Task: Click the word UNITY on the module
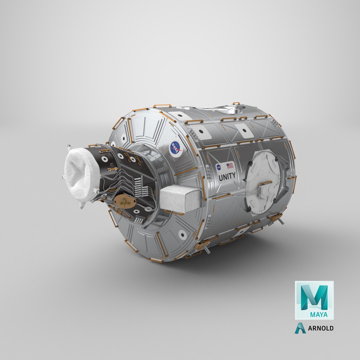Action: click(x=227, y=175)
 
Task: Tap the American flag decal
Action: click(x=230, y=165)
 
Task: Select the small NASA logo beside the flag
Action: click(x=219, y=167)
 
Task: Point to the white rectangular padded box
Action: click(x=180, y=199)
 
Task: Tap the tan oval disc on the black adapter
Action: click(x=125, y=202)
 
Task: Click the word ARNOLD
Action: click(x=320, y=328)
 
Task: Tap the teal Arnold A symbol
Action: click(x=300, y=328)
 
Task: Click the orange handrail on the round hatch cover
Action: click(x=266, y=183)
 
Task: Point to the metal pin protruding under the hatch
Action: click(x=281, y=221)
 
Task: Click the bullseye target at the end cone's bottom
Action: click(x=182, y=235)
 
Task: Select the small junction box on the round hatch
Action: click(x=267, y=192)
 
